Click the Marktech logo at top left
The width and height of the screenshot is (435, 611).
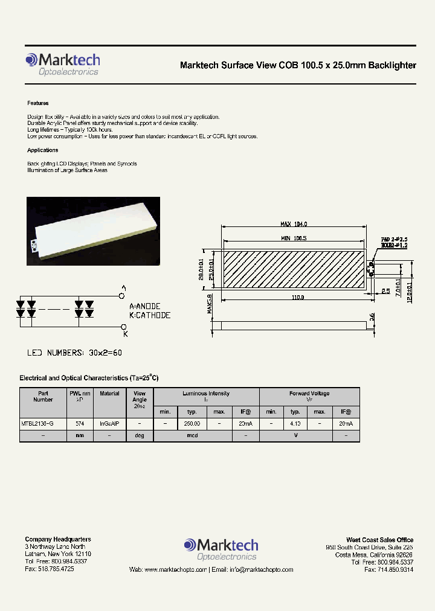pyautogui.click(x=63, y=64)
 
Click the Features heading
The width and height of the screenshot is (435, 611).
pyautogui.click(x=38, y=103)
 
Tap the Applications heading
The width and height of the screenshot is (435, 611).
pyautogui.click(x=43, y=150)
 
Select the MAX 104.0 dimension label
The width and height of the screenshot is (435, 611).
pyautogui.click(x=295, y=224)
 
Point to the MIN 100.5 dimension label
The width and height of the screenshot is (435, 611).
pyautogui.click(x=294, y=238)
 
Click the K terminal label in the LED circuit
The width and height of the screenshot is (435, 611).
pyautogui.click(x=124, y=333)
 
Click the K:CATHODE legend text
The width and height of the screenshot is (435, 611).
pyautogui.click(x=150, y=315)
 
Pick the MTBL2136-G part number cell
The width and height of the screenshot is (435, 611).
pyautogui.click(x=37, y=424)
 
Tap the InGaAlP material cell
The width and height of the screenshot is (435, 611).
pyautogui.click(x=109, y=424)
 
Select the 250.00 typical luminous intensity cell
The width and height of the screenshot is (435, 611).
pyautogui.click(x=192, y=424)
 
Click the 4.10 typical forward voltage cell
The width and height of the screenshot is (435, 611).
pyautogui.click(x=295, y=424)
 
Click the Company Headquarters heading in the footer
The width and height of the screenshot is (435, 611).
pyautogui.click(x=58, y=539)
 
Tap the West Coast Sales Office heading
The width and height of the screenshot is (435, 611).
pyautogui.click(x=379, y=540)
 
